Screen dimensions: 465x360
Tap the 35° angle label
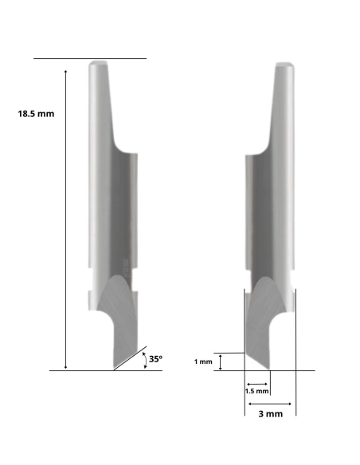[155, 360]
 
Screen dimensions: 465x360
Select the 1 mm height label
[203, 362]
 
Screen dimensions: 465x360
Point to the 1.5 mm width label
[256, 391]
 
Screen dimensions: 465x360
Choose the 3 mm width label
[267, 415]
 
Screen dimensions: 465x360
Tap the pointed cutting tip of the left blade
[114, 369]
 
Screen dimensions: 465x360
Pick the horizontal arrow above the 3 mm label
[268, 404]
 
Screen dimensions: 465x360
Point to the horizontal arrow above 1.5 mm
[256, 382]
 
